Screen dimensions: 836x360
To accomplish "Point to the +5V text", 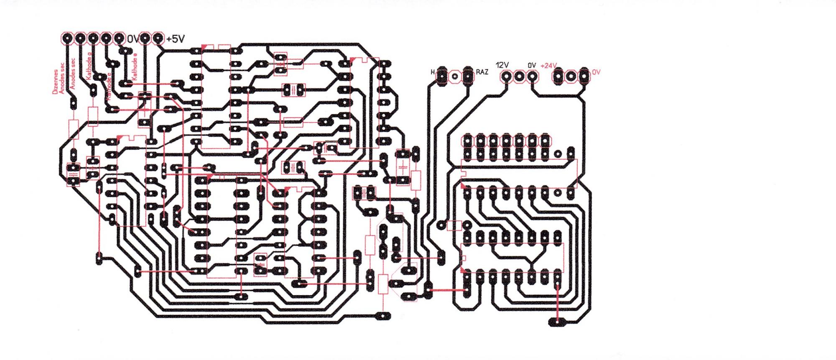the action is (175, 39).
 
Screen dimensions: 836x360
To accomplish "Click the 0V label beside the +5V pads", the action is (133, 39).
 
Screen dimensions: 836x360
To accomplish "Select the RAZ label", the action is (482, 72).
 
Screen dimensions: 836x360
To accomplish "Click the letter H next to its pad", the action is (433, 72).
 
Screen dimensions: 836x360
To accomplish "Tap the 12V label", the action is (502, 65).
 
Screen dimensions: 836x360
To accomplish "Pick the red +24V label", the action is (548, 66).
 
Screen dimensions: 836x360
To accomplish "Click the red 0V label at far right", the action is (596, 72).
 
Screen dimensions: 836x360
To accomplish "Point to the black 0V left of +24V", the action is (531, 65).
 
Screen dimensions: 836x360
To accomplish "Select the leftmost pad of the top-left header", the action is (66, 38).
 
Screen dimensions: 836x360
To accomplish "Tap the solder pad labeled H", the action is (442, 76).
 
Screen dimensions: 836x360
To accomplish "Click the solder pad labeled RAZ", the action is (468, 76).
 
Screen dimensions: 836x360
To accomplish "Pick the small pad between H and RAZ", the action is (455, 77).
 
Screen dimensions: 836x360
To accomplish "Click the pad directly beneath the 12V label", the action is (506, 77).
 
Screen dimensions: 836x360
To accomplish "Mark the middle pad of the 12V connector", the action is (519, 77).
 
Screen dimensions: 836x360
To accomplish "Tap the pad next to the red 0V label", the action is (584, 77).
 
